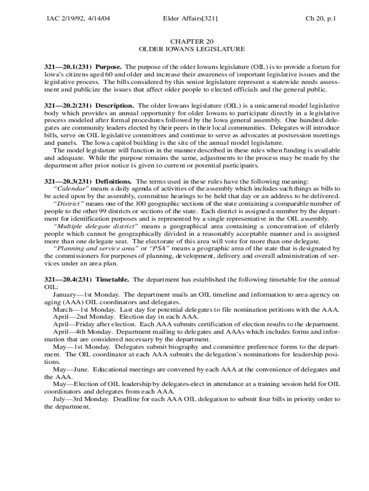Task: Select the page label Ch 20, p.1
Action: pyautogui.click(x=321, y=19)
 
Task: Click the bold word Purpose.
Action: pyautogui.click(x=109, y=67)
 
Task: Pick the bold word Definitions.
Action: pyautogui.click(x=114, y=181)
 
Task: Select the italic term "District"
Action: pyautogui.click(x=69, y=203)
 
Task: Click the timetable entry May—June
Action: pyautogui.click(x=70, y=369)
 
